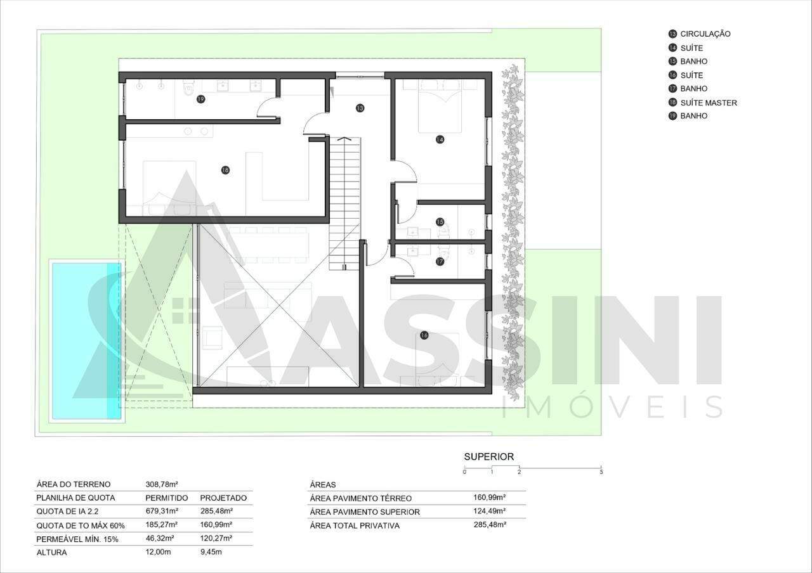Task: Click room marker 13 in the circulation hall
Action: (x=360, y=108)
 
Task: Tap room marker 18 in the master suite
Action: (x=225, y=170)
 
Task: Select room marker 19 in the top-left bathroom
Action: (x=200, y=99)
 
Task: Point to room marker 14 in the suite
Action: (x=440, y=139)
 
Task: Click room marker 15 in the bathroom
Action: (x=440, y=222)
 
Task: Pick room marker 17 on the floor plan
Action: (x=440, y=262)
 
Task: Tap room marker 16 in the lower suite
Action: (x=424, y=335)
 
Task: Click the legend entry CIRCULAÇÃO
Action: (x=705, y=34)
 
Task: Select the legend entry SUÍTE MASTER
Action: (x=709, y=103)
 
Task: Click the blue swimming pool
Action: (x=87, y=341)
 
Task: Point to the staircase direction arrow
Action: (x=344, y=138)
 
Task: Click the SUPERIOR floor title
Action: (x=489, y=457)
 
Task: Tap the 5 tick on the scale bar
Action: (x=601, y=472)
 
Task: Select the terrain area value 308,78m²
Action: (x=162, y=484)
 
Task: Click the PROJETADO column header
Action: (x=223, y=498)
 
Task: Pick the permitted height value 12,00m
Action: (x=158, y=552)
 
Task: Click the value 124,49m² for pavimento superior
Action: (x=489, y=511)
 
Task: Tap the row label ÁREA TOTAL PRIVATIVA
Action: (x=355, y=525)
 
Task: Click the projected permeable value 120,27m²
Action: (x=216, y=538)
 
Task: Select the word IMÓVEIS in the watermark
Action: (x=613, y=406)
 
